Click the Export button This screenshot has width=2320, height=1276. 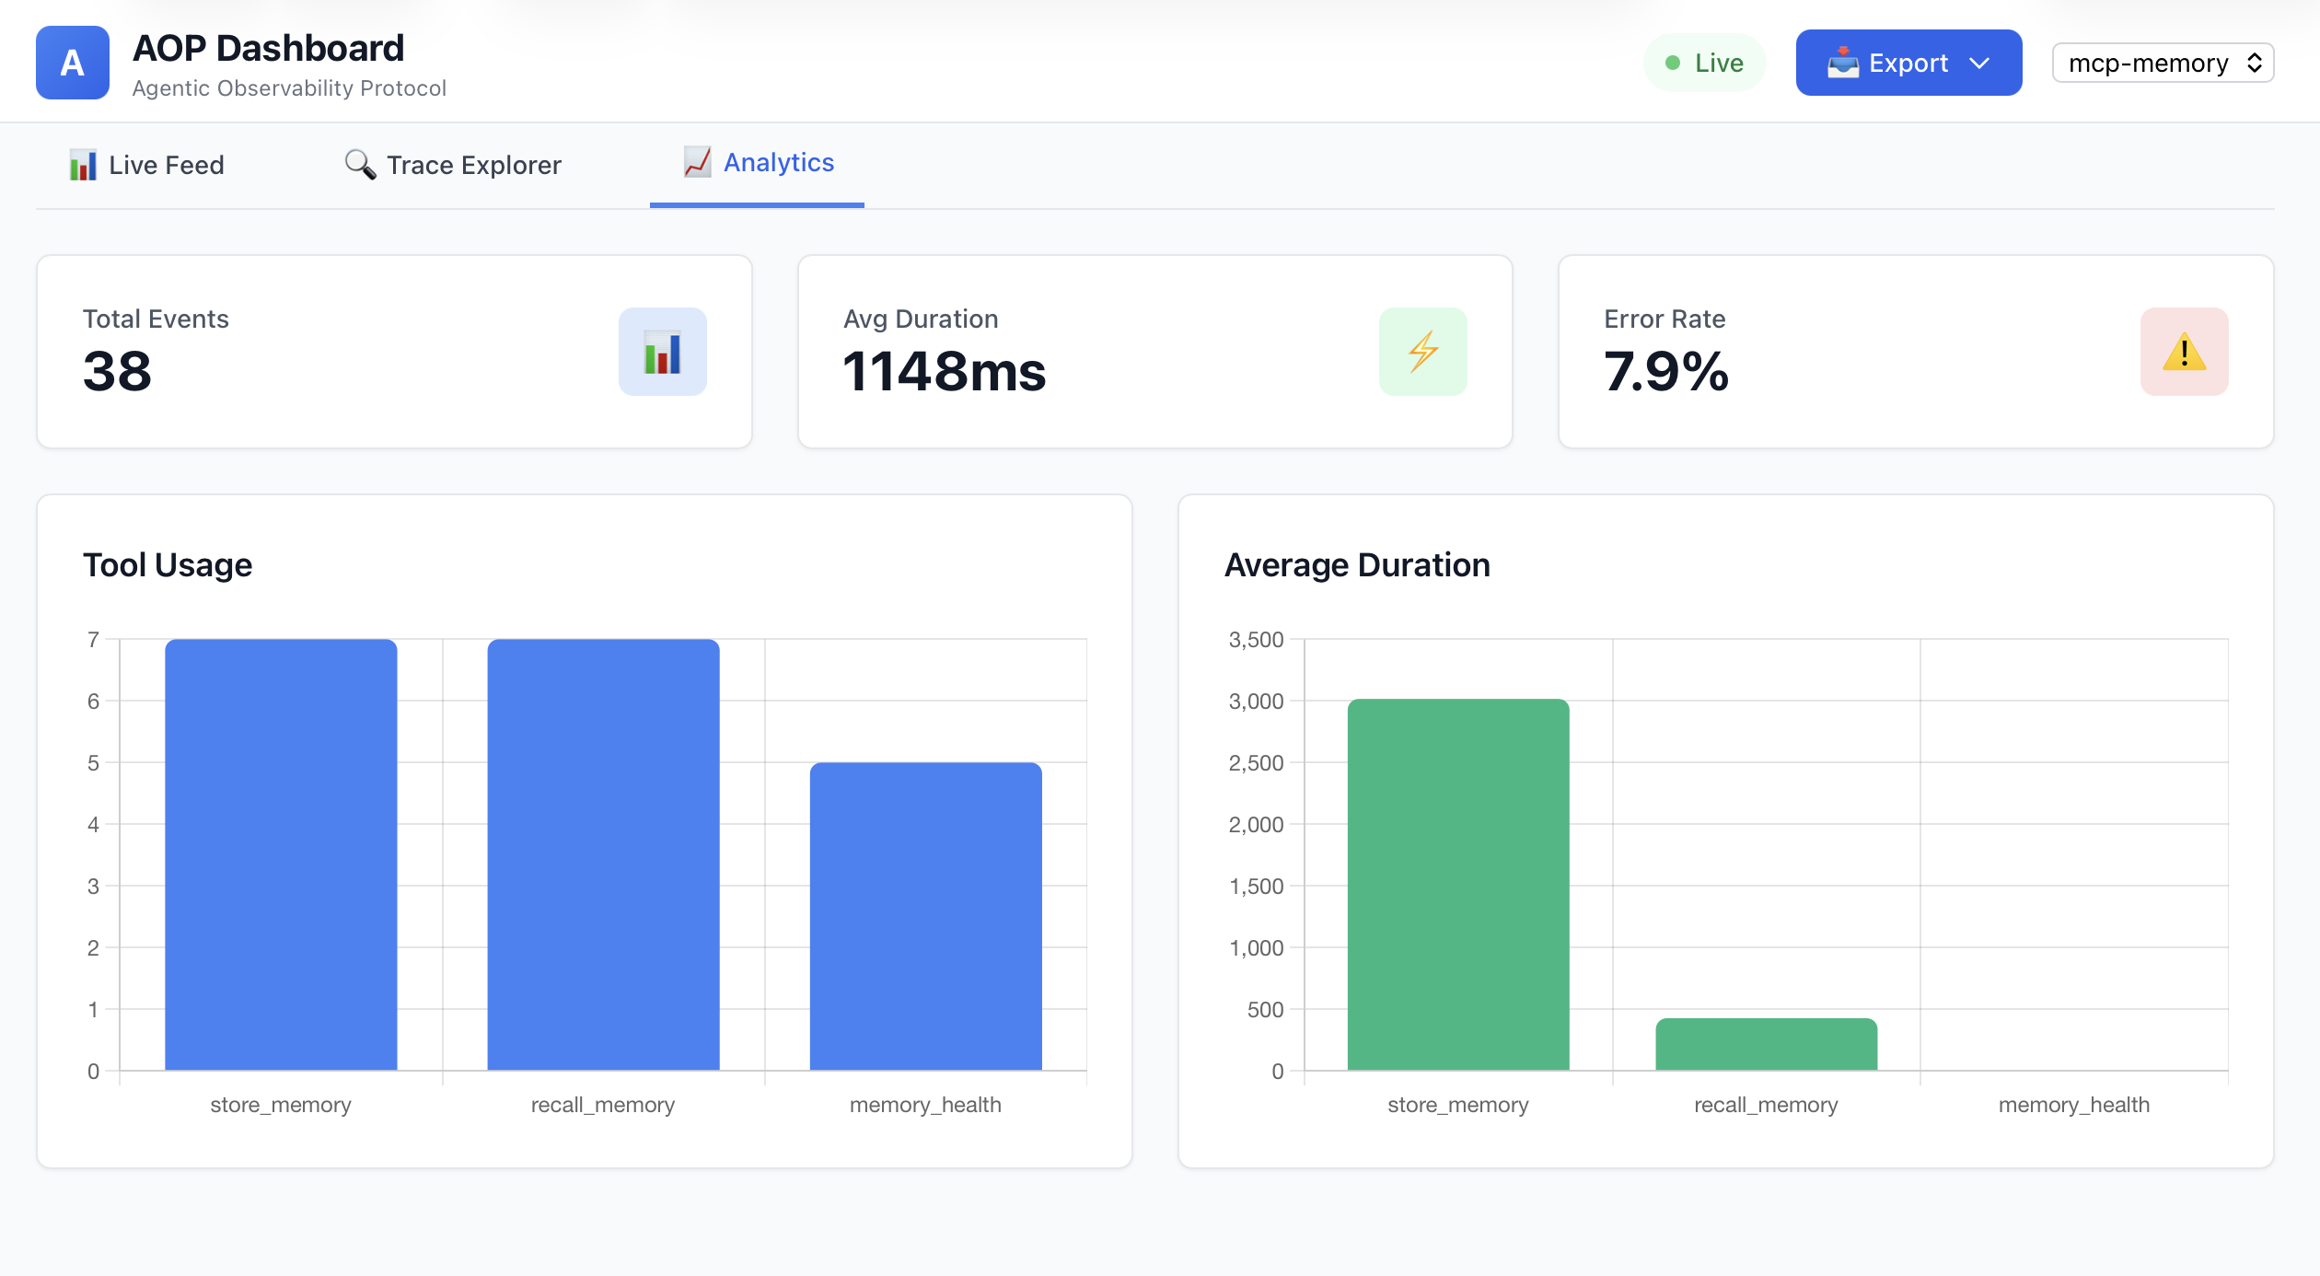[1908, 63]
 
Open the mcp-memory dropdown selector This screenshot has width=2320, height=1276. [2162, 63]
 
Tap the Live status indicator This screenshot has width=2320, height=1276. [1704, 63]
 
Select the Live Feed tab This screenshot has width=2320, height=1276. [147, 165]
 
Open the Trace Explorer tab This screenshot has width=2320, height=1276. [453, 165]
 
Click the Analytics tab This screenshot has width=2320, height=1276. [759, 163]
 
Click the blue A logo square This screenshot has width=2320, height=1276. [72, 63]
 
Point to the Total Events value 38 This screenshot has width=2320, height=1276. [117, 371]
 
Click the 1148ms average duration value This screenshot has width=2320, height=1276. [944, 371]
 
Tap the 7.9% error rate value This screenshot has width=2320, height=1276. [1665, 371]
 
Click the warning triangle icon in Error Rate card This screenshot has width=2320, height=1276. [2184, 352]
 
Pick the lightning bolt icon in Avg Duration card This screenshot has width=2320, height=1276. [1422, 352]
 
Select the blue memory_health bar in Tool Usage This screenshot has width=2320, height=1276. [925, 916]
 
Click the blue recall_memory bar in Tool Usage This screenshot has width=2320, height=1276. [603, 854]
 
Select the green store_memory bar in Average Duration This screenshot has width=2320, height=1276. [1457, 884]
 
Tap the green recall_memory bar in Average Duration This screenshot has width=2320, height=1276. [1766, 1044]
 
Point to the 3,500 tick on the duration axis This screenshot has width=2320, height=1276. [1256, 640]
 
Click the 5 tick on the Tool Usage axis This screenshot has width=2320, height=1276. [93, 763]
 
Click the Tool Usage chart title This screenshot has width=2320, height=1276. [168, 564]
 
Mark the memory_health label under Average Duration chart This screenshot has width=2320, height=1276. [2073, 1105]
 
